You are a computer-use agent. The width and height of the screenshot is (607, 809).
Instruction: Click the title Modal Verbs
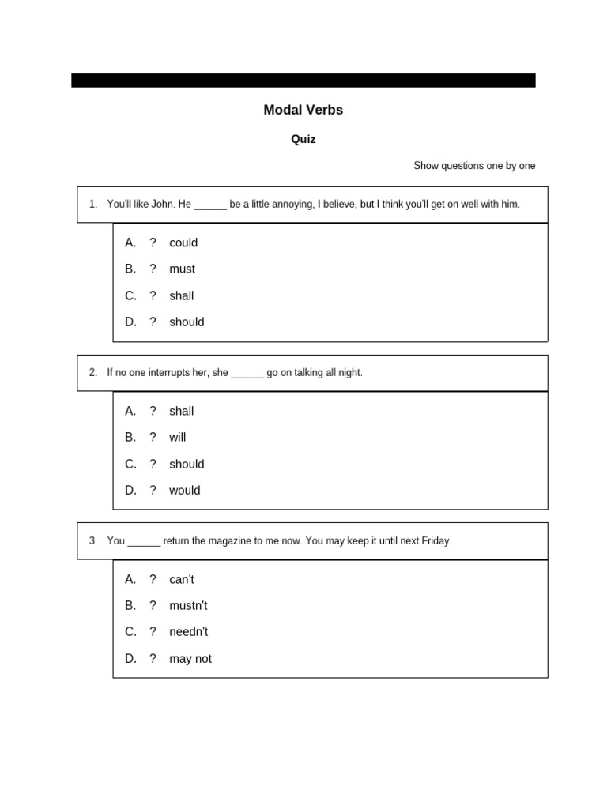tap(303, 111)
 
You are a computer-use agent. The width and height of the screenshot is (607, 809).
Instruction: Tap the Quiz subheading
tap(303, 139)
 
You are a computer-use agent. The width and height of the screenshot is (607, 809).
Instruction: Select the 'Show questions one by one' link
tap(474, 166)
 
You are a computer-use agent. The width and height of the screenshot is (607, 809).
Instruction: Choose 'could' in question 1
tap(183, 243)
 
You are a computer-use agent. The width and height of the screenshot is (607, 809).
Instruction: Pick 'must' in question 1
tap(182, 269)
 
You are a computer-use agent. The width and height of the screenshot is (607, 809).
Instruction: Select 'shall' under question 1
tap(181, 295)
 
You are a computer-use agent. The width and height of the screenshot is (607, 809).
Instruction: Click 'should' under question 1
tap(187, 322)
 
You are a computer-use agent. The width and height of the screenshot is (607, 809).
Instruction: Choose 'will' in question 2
tap(177, 438)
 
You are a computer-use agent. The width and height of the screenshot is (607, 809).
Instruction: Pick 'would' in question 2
tap(184, 491)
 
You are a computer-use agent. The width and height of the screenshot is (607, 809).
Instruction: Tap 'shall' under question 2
tap(181, 411)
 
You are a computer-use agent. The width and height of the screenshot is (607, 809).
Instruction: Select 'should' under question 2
tap(187, 464)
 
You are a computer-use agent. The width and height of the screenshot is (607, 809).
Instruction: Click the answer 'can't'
tap(181, 579)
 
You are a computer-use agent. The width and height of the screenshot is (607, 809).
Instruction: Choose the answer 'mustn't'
tap(188, 606)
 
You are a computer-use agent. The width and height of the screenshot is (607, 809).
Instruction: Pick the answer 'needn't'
tap(188, 632)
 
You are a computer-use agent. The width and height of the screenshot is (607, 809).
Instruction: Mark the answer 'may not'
tap(190, 659)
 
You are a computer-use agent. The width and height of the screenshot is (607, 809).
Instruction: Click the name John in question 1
tap(163, 204)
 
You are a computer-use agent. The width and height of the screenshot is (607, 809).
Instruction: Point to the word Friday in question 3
tap(435, 541)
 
